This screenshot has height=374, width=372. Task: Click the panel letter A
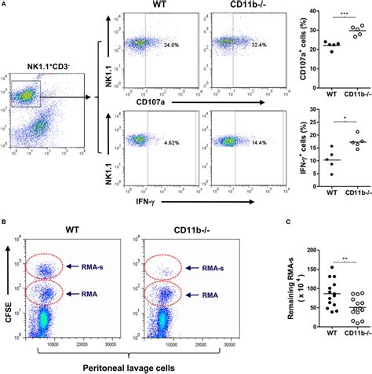4,4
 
